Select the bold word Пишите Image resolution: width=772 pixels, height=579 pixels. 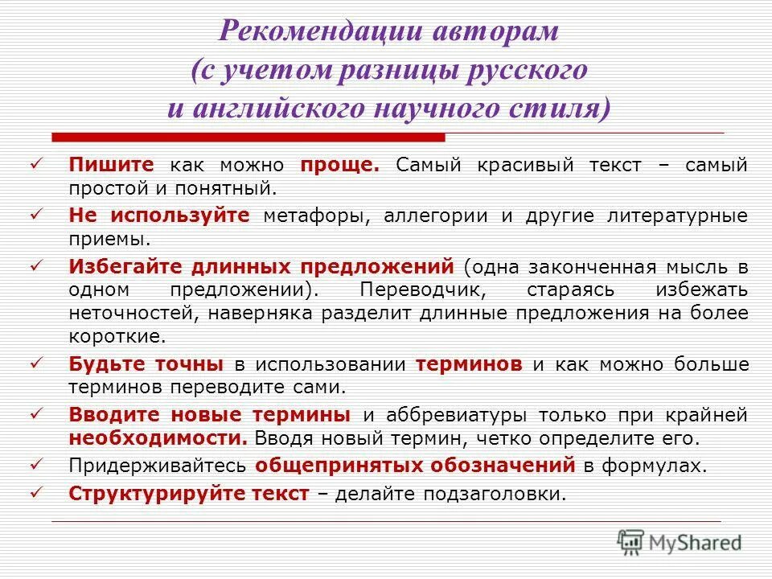(112, 165)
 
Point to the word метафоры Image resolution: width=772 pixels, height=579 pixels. (318, 216)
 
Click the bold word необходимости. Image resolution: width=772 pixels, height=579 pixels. (158, 439)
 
